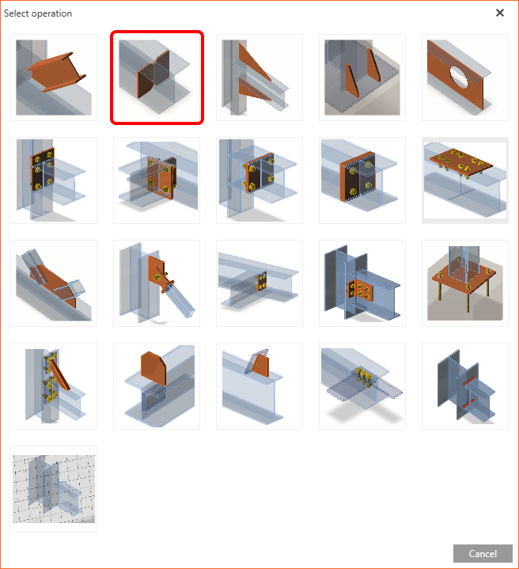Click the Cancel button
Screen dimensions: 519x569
pos(483,553)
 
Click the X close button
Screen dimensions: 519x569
pos(500,13)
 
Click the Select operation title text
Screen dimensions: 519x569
pos(38,13)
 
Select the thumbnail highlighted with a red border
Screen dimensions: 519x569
pos(157,78)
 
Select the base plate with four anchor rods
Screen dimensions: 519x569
pos(465,283)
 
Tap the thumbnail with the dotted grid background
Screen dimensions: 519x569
pos(54,489)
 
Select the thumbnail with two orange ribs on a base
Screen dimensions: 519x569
pos(362,78)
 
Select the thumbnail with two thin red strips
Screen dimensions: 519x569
pos(465,386)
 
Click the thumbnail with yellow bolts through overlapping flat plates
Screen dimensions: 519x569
pos(362,386)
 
